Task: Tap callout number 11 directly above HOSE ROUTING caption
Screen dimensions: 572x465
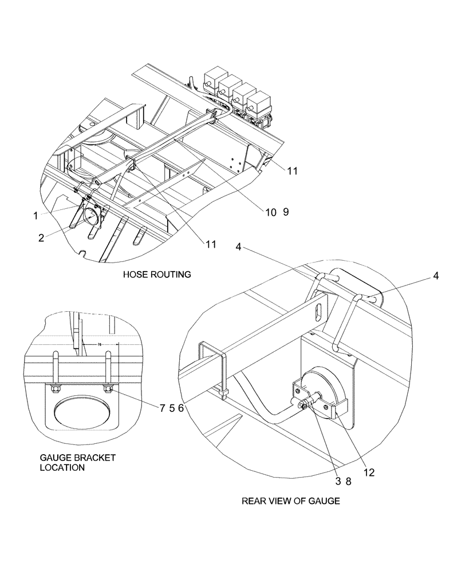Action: [211, 244]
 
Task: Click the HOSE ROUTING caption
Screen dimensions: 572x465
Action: [156, 275]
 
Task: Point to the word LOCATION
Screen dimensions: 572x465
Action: [62, 467]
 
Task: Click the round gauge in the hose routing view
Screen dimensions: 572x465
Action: [92, 217]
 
